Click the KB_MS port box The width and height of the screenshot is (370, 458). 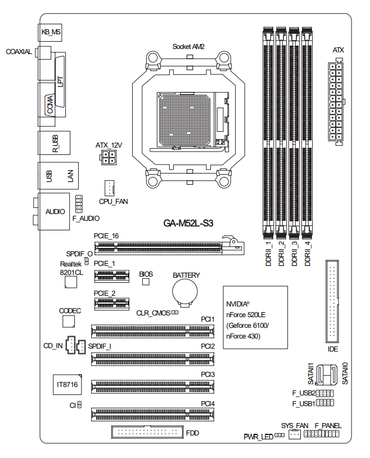click(51, 33)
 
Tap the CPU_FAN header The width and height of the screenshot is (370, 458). click(109, 187)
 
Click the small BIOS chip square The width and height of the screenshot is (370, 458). click(146, 282)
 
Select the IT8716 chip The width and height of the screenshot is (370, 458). click(66, 386)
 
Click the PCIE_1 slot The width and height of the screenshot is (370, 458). click(111, 275)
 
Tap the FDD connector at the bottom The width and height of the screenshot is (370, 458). click(147, 433)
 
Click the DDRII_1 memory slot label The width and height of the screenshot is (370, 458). click(268, 252)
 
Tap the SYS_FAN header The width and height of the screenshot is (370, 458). click(294, 435)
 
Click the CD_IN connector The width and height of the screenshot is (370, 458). click(70, 344)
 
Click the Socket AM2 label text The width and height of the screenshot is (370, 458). click(188, 46)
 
